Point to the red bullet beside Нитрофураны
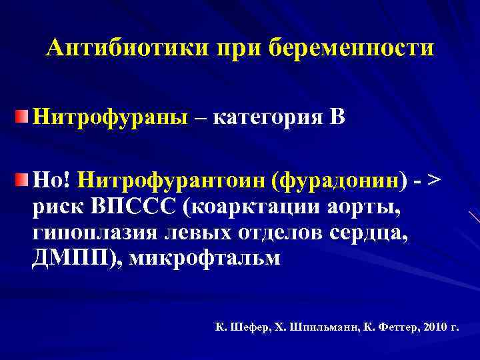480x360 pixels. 23,117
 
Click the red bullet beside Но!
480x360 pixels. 23,178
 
